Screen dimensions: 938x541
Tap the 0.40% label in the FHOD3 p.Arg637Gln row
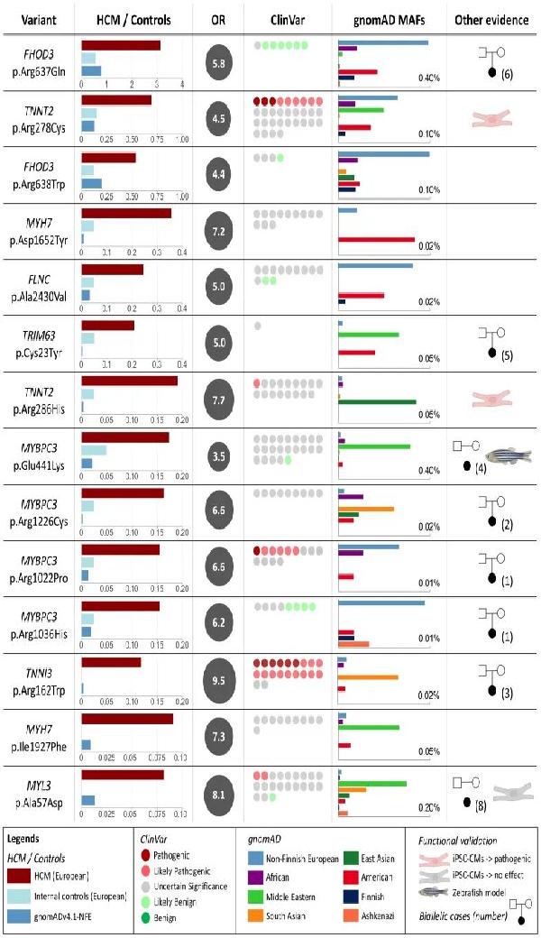coord(428,78)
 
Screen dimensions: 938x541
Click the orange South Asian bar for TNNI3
coord(368,676)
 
